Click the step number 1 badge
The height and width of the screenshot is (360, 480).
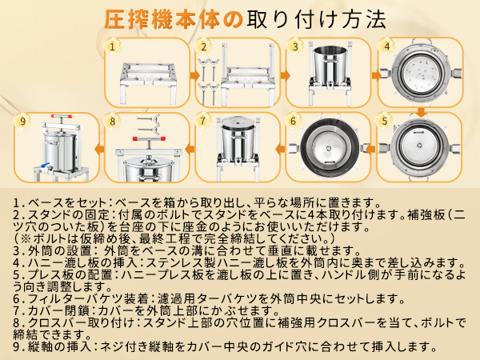(112, 46)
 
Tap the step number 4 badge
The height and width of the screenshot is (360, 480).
(387, 46)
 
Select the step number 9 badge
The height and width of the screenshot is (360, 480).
(22, 122)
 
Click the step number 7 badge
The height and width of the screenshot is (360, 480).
(204, 122)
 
